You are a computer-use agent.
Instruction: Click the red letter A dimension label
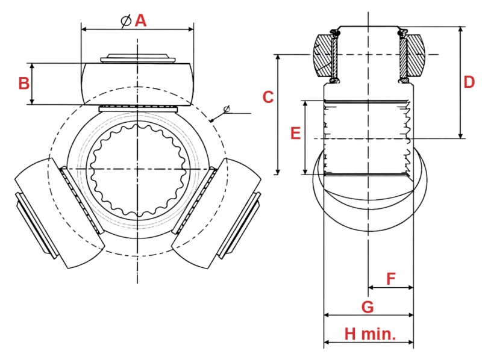click(x=140, y=20)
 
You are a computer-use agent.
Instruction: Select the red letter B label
click(x=23, y=83)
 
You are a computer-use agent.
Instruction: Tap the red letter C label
click(x=268, y=96)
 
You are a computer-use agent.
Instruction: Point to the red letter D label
click(x=469, y=83)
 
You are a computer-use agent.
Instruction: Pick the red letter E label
click(x=295, y=133)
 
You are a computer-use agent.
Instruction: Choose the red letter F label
click(x=390, y=279)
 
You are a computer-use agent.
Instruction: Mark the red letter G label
click(x=368, y=306)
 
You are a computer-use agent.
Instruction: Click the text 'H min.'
click(x=369, y=334)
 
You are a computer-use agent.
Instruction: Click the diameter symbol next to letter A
click(x=125, y=20)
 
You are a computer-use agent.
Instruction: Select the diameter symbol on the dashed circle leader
click(x=227, y=109)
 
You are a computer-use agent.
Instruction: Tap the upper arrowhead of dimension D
click(x=461, y=29)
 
